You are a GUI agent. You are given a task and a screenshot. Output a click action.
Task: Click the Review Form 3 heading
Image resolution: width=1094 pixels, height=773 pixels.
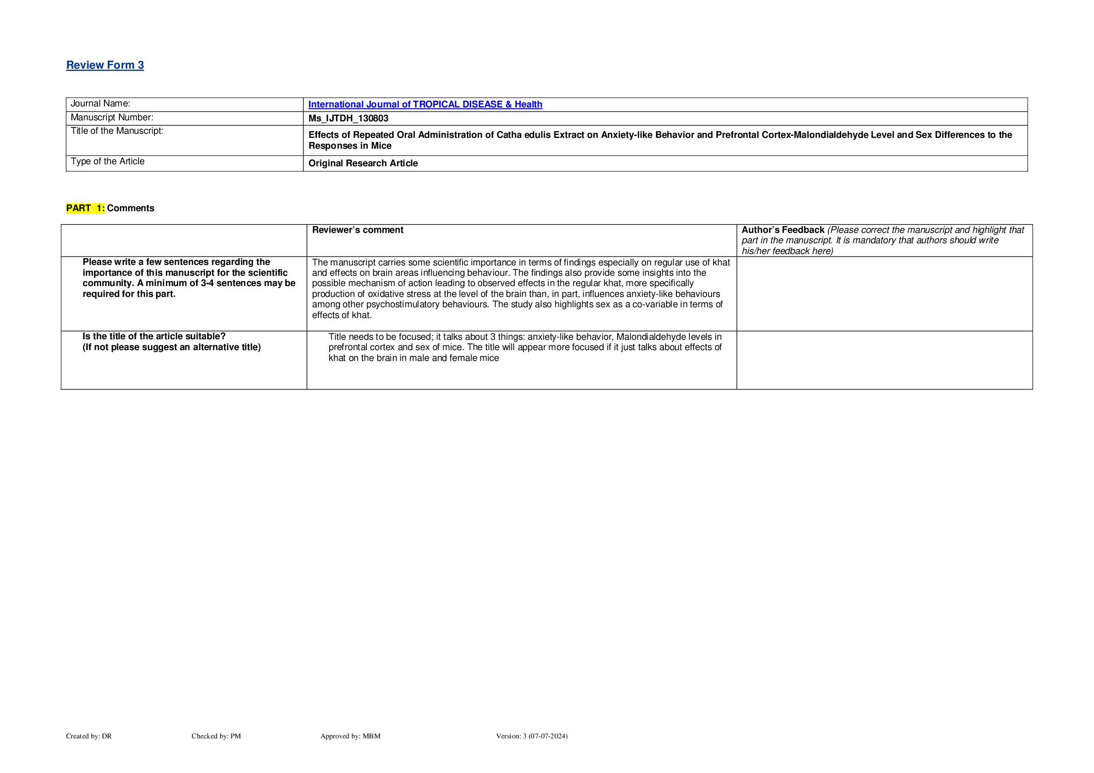point(105,65)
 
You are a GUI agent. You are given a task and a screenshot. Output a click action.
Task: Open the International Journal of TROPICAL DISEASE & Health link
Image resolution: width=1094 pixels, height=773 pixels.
point(425,104)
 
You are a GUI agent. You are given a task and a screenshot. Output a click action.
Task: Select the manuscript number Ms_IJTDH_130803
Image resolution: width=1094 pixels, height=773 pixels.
point(348,118)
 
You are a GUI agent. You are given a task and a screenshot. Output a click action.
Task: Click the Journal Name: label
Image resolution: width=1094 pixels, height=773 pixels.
point(100,104)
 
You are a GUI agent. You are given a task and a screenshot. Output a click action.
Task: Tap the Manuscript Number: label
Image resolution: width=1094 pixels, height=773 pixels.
point(112,118)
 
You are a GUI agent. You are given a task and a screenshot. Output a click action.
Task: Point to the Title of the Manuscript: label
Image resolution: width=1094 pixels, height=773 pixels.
point(117,131)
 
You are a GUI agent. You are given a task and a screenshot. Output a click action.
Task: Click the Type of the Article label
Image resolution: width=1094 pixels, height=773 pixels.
point(107,162)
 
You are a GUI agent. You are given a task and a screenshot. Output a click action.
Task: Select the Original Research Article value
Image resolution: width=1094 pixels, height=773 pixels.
point(363,163)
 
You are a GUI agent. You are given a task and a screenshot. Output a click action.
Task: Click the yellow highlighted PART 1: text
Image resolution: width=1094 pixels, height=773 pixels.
point(85,208)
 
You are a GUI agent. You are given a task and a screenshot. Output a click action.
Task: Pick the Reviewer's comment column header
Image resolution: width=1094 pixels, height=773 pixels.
point(358,230)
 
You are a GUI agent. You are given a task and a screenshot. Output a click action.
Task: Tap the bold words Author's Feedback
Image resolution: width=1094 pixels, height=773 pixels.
point(782,230)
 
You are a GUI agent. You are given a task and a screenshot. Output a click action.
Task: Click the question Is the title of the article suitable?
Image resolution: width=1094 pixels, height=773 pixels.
point(154,337)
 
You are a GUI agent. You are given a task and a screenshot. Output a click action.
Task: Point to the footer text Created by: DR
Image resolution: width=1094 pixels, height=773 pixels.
point(89,736)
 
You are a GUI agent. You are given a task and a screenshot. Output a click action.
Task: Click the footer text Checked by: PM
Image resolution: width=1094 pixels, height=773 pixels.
point(216,736)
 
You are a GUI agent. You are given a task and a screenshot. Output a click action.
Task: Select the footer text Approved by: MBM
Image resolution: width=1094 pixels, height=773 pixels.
point(350,736)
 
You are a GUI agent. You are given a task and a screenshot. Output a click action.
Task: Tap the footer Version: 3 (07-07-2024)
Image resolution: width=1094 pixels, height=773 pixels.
point(531,736)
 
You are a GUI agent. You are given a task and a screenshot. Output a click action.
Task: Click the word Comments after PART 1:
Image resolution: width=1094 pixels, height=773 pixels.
point(130,208)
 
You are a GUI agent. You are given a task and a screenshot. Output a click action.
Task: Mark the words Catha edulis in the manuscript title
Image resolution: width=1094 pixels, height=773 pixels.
point(521,135)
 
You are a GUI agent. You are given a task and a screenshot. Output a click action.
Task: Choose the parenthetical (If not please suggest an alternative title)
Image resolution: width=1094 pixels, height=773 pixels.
point(172,347)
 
